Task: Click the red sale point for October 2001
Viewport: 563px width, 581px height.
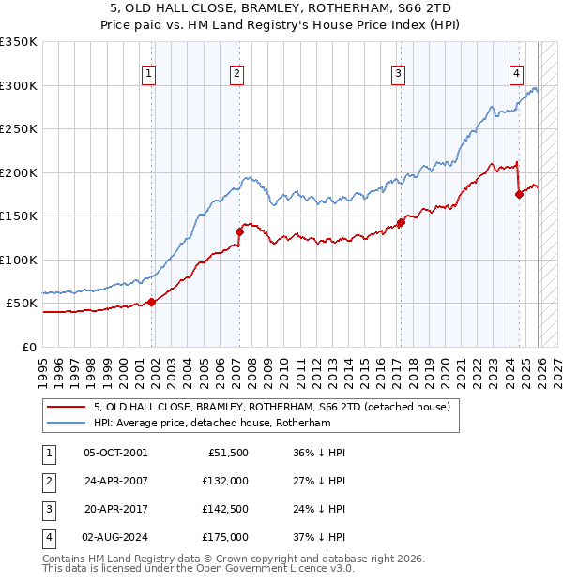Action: click(x=151, y=302)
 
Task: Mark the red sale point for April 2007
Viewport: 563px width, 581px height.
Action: click(x=239, y=231)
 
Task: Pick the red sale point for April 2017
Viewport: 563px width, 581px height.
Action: click(x=401, y=222)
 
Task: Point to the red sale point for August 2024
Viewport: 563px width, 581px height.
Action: click(x=519, y=194)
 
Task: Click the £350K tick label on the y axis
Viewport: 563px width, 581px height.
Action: click(x=19, y=42)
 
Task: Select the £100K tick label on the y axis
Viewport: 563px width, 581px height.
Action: click(x=19, y=260)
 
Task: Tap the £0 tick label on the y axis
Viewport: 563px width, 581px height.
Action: click(x=28, y=347)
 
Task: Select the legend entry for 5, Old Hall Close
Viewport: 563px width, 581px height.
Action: click(x=272, y=407)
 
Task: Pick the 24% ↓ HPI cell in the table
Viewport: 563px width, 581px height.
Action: click(x=319, y=509)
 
